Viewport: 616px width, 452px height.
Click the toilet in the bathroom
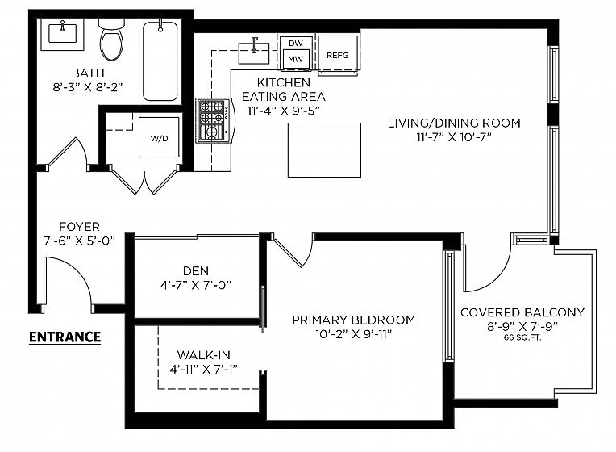pyautogui.click(x=111, y=39)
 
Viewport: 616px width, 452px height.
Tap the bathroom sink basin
pyautogui.click(x=62, y=33)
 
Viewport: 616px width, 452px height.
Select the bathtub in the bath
pyautogui.click(x=160, y=62)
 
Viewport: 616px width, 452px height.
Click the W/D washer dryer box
pyautogui.click(x=159, y=137)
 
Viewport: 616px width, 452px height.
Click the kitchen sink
pyautogui.click(x=254, y=52)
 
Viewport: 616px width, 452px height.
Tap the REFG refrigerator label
pyautogui.click(x=338, y=56)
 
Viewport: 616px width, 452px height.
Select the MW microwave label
pyautogui.click(x=295, y=59)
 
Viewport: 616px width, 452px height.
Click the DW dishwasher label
pyautogui.click(x=295, y=44)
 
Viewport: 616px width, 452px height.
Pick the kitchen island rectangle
pyautogui.click(x=324, y=150)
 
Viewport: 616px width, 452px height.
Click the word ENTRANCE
pyautogui.click(x=65, y=337)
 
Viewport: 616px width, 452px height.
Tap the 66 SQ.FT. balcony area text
pyautogui.click(x=522, y=337)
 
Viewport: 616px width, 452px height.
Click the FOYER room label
pyautogui.click(x=79, y=227)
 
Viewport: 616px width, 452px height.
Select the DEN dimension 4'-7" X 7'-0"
pyautogui.click(x=196, y=285)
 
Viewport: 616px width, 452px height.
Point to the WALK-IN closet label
pyautogui.click(x=204, y=355)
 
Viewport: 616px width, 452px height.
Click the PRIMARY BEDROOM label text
pyautogui.click(x=354, y=320)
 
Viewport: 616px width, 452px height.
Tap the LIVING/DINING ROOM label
pyautogui.click(x=454, y=123)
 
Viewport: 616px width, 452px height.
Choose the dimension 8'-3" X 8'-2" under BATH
pyautogui.click(x=88, y=87)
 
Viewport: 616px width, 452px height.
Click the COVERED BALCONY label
pyautogui.click(x=522, y=312)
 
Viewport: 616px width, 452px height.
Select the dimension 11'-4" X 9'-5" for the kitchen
pyautogui.click(x=283, y=111)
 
